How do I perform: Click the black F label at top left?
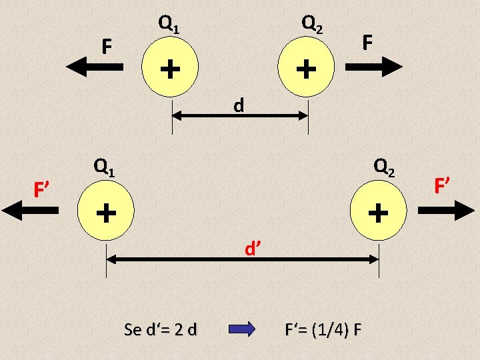click(105, 47)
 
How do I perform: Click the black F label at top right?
click(367, 43)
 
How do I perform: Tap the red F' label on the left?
click(43, 190)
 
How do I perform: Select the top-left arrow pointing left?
click(95, 66)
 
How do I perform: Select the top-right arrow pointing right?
click(374, 66)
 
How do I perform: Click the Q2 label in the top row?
click(313, 24)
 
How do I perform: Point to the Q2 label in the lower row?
click(385, 167)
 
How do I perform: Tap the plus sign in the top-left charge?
click(171, 67)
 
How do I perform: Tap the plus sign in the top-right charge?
click(306, 67)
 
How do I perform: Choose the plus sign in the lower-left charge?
click(105, 213)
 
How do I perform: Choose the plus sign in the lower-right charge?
click(378, 213)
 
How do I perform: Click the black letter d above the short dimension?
click(238, 105)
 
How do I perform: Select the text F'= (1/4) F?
click(323, 330)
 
